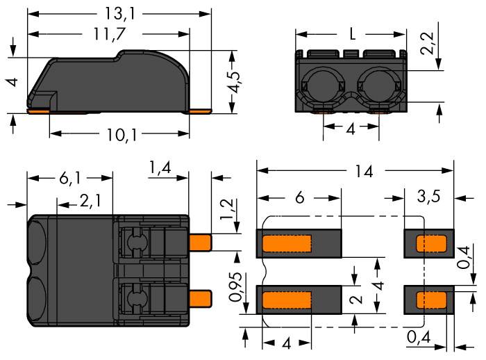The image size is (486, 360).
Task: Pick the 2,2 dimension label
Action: (432, 46)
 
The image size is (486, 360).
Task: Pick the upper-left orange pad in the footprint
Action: (287, 244)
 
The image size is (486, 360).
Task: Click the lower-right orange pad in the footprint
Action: (430, 299)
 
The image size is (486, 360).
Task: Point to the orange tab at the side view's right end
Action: (200, 110)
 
